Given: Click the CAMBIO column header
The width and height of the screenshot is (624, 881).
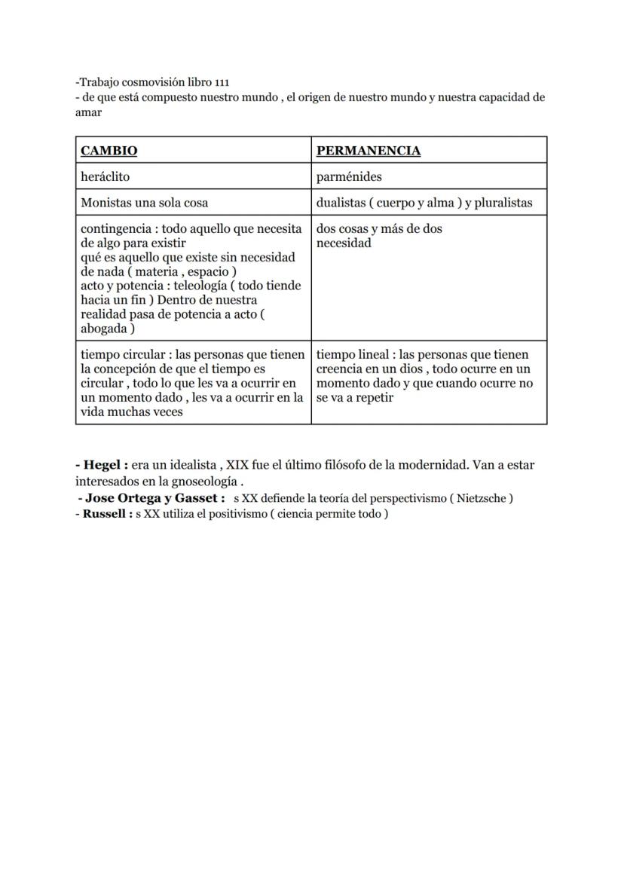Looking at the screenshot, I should (109, 151).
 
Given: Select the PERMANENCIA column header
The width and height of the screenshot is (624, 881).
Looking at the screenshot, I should (368, 151).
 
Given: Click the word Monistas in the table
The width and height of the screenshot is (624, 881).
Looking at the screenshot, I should (106, 203).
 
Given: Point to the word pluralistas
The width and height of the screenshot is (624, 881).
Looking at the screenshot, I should (503, 203).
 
